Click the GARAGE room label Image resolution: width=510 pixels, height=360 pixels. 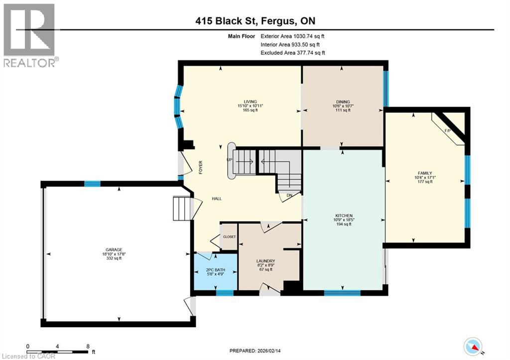[114, 249]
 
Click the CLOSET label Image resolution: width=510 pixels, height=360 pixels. [229, 237]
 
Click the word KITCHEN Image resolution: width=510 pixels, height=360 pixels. [343, 216]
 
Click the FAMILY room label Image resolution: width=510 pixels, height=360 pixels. [425, 173]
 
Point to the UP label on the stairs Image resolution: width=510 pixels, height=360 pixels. [230, 160]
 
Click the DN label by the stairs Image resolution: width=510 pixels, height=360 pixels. [289, 196]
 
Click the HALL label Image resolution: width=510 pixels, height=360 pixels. [217, 198]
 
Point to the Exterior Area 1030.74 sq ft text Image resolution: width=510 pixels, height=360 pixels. [293, 36]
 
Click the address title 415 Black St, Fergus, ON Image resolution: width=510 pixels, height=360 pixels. [255, 21]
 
